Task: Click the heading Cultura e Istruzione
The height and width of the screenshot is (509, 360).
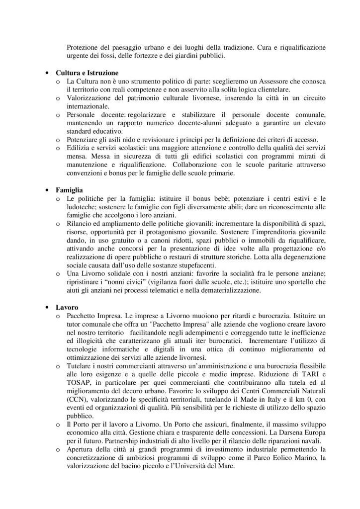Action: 87,72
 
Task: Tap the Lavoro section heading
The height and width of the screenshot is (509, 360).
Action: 67,307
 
